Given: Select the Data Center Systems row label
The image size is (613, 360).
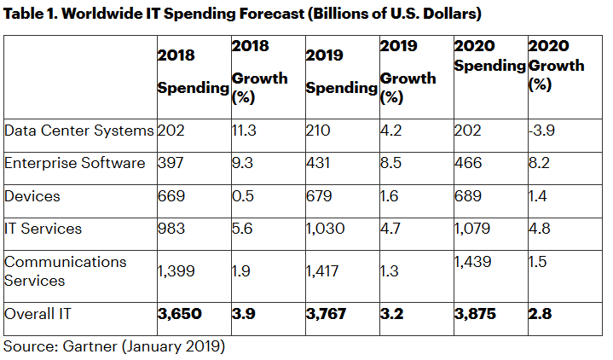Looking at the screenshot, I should tap(78, 131).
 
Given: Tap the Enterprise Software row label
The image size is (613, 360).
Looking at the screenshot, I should tap(75, 163).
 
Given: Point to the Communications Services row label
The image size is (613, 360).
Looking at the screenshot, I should tap(65, 271).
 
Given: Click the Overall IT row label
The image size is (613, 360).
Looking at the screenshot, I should tap(39, 314).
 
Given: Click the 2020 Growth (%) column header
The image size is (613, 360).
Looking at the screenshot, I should tap(556, 65).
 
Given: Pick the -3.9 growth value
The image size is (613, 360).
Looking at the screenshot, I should tap(543, 131).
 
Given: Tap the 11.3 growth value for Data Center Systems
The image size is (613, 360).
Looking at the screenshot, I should tap(246, 131).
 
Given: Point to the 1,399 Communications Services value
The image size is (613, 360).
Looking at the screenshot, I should tap(177, 270).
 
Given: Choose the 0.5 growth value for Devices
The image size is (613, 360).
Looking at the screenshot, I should tap(243, 195).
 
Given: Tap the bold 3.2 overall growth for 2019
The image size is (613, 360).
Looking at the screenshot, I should tap(393, 314).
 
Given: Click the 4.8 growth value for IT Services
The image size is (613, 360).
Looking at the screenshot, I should tap(541, 229).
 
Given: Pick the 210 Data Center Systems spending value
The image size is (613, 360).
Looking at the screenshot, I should tap(319, 131).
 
